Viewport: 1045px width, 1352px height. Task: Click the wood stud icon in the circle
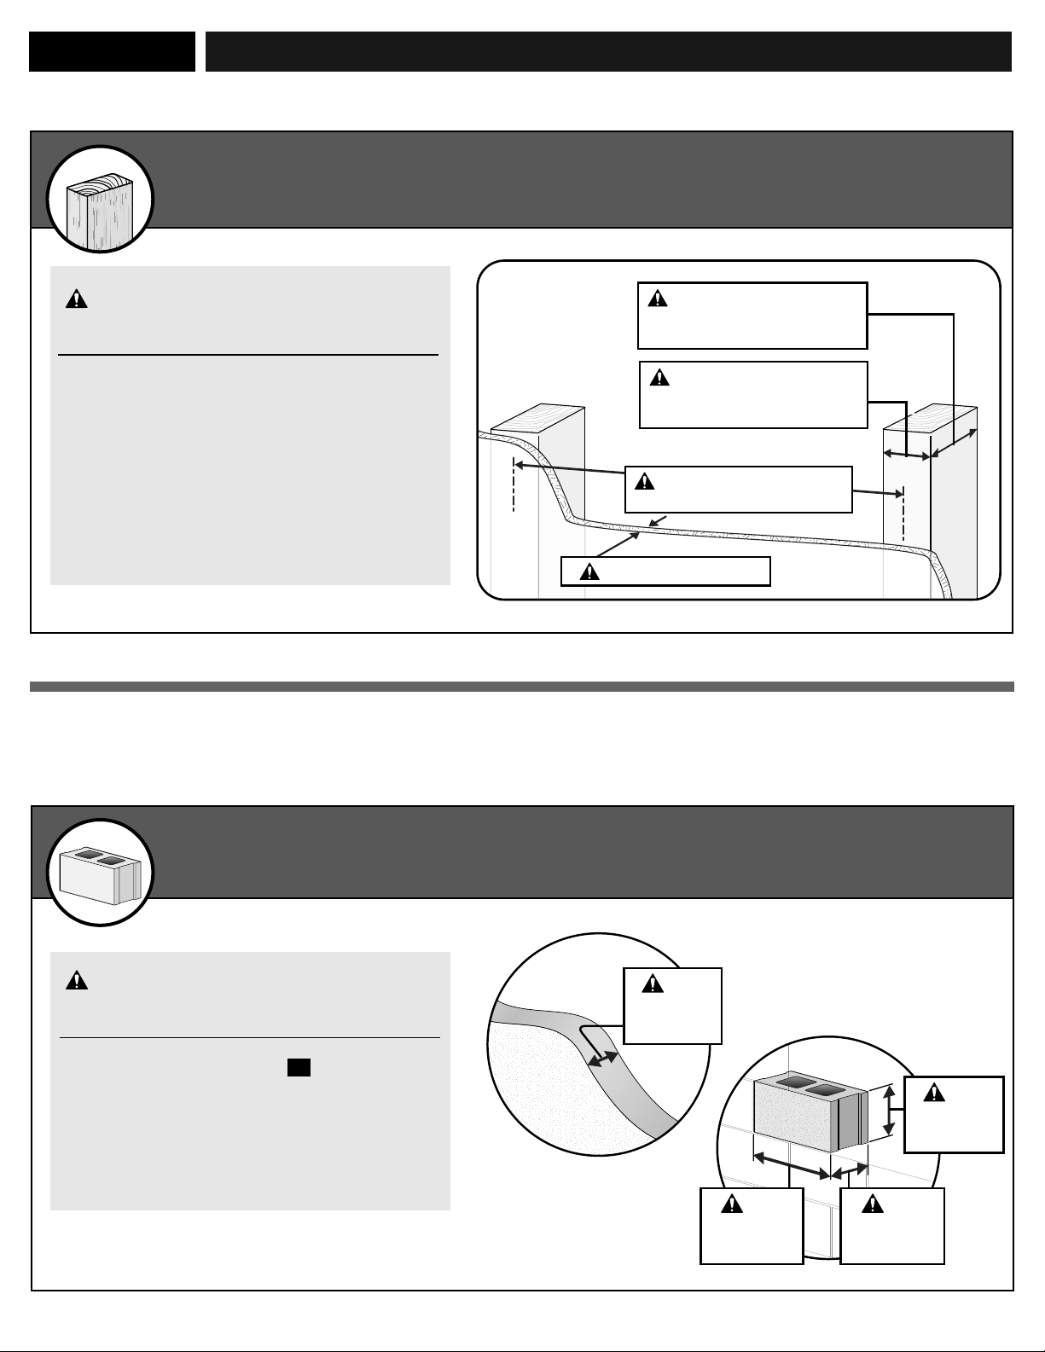[x=99, y=200]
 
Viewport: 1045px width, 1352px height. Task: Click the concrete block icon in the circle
[x=99, y=873]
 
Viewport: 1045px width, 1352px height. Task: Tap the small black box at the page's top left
[x=112, y=52]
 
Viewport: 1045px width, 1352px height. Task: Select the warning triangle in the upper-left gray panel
[x=77, y=299]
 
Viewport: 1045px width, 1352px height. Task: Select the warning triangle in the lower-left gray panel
[x=77, y=980]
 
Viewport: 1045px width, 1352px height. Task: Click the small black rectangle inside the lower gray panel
[x=298, y=1067]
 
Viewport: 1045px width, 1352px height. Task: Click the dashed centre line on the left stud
[x=514, y=484]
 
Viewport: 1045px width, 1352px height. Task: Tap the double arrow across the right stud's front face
[x=906, y=456]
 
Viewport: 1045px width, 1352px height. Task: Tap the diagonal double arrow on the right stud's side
[x=955, y=444]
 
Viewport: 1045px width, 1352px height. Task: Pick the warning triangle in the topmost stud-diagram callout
[x=657, y=299]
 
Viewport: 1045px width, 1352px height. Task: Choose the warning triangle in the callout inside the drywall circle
[x=653, y=984]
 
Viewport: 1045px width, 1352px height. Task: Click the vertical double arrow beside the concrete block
[x=889, y=1110]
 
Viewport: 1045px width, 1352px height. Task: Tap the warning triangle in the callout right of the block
[x=934, y=1094]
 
